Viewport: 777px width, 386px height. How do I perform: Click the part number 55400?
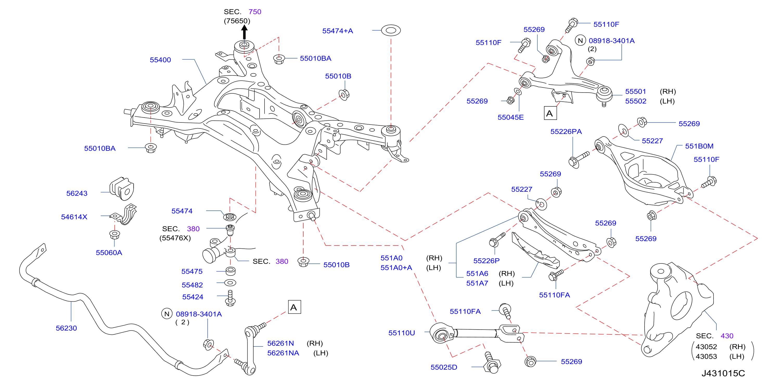[x=160, y=60]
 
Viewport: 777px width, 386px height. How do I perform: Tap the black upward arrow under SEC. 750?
[x=244, y=32]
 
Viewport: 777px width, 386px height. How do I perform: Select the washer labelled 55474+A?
[x=391, y=30]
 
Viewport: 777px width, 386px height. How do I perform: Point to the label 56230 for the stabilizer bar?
[x=66, y=328]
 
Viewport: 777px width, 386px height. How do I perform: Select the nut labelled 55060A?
[x=114, y=235]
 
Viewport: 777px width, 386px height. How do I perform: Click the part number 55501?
[x=635, y=91]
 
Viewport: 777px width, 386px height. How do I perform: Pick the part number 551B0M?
[x=699, y=146]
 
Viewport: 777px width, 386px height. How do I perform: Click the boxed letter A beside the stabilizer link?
[x=294, y=307]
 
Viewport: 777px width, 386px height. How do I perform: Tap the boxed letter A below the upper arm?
[x=550, y=113]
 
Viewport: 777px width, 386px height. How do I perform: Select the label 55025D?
[x=444, y=367]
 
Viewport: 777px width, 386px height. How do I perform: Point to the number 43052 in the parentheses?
[x=706, y=346]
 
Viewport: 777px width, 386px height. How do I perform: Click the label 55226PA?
[x=566, y=131]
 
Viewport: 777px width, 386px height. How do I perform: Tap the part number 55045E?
[x=510, y=117]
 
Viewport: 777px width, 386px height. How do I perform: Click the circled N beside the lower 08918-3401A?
[x=167, y=314]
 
